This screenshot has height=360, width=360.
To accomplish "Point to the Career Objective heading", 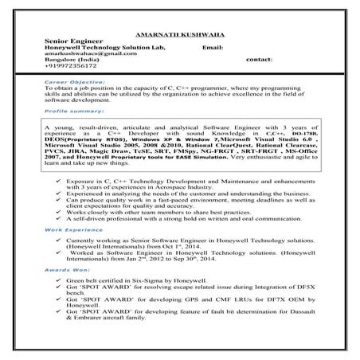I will (74, 82).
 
